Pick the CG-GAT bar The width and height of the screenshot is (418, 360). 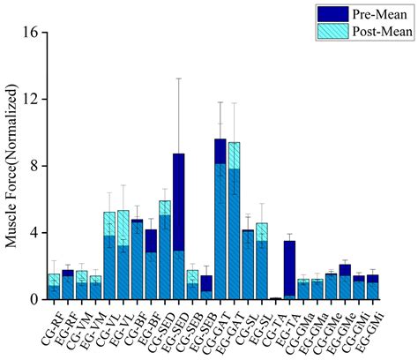(x=220, y=221)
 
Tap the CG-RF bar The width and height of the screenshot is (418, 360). (x=55, y=288)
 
